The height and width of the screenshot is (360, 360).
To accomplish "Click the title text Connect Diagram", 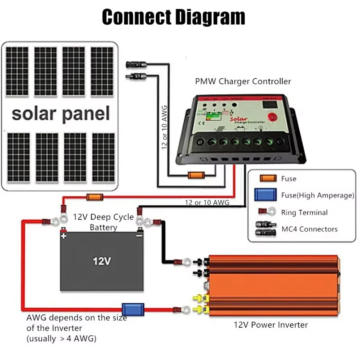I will (174, 17).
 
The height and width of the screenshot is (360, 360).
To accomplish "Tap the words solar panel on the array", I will (61, 113).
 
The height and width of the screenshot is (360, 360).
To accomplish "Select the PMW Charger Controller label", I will (243, 81).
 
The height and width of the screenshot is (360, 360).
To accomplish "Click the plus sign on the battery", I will (64, 235).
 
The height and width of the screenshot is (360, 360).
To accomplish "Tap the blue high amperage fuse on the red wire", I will (134, 309).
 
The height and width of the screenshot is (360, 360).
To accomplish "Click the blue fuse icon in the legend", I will (265, 195).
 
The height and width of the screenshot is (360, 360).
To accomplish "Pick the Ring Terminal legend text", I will (304, 212).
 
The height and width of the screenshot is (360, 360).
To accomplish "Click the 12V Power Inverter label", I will (270, 324).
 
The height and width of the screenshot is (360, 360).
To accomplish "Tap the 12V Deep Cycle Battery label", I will (103, 222).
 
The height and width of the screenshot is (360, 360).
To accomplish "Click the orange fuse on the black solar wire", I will (197, 175).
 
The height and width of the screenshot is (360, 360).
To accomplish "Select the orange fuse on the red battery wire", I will (94, 197).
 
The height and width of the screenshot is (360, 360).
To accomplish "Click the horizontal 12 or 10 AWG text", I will (207, 203).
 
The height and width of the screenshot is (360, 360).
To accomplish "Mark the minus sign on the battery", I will (139, 235).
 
